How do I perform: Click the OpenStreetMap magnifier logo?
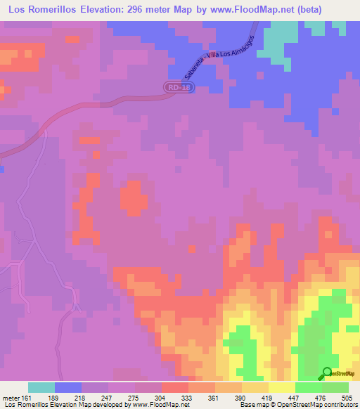[x=328, y=373]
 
